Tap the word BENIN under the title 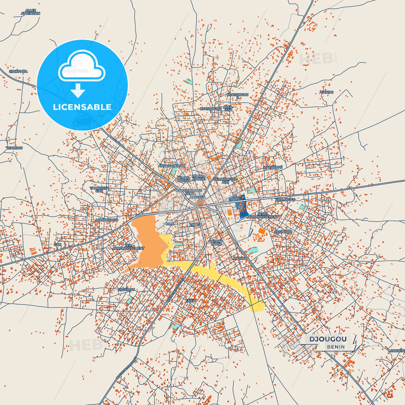336,347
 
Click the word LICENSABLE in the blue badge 82,107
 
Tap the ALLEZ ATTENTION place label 31,12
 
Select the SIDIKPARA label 18,71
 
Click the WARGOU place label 15,148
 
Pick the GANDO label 327,92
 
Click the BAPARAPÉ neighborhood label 273,167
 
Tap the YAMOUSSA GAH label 99,189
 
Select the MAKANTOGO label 107,220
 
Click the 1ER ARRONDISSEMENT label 128,247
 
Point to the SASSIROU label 126,290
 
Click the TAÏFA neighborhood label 190,301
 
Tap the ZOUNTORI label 283,232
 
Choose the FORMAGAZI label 285,200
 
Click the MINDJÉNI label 397,351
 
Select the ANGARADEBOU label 171,166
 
